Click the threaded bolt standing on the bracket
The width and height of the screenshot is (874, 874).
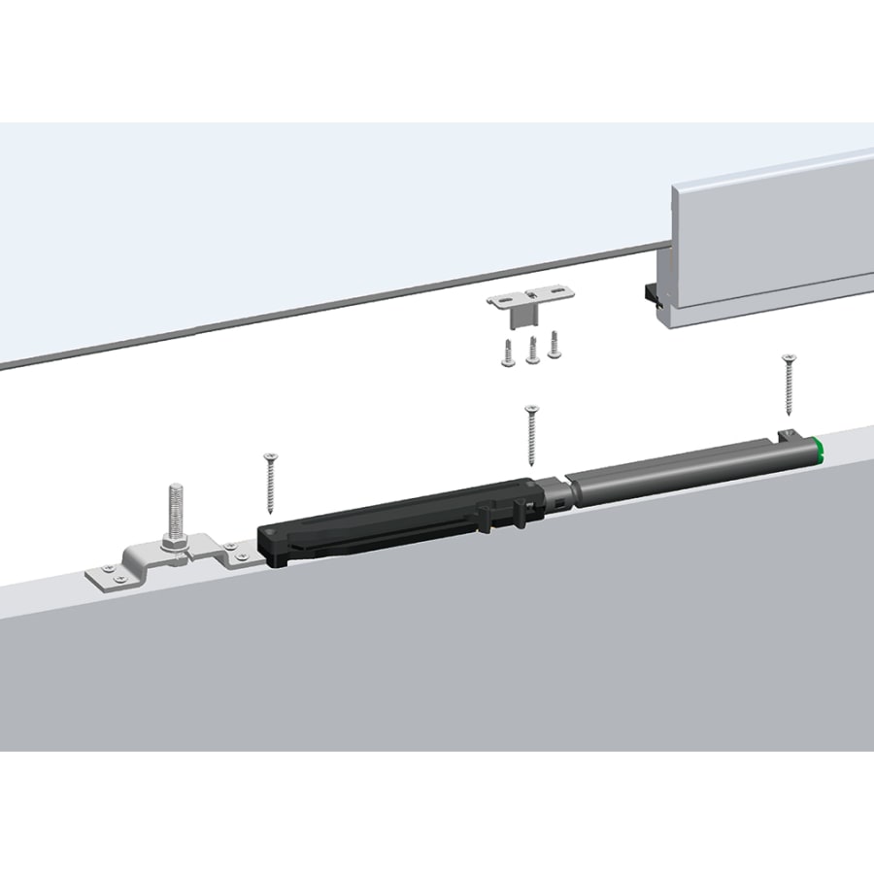coord(175,513)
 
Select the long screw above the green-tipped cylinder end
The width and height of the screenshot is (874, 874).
coord(788,384)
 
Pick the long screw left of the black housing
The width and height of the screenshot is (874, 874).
coord(270,482)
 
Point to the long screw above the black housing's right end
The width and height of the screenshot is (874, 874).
coord(530,435)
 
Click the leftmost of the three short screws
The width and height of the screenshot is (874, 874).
coord(508,354)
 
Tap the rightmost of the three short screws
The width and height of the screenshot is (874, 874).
coord(555,344)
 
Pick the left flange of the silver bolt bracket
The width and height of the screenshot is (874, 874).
coord(109,577)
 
